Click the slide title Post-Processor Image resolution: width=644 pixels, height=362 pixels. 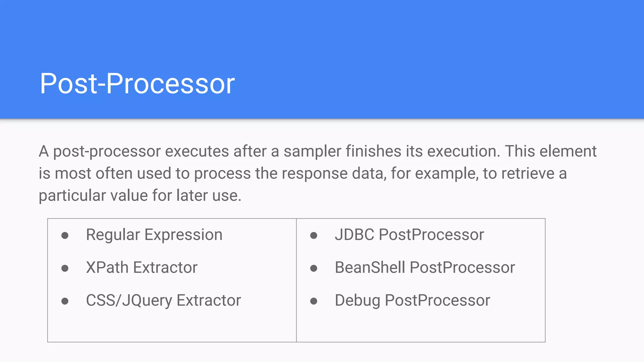(137, 84)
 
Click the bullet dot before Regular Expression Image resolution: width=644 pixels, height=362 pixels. (65, 235)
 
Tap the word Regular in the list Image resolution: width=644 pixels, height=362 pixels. (113, 235)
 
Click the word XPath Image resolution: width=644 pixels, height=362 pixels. (107, 267)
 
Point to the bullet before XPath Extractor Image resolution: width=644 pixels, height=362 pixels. (65, 268)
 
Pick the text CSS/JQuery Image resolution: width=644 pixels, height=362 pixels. (129, 300)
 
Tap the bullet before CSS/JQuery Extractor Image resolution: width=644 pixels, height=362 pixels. (65, 301)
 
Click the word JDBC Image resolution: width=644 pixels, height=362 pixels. (354, 235)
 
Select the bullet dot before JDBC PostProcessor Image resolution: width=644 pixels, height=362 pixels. (314, 235)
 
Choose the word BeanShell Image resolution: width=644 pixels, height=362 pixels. (370, 267)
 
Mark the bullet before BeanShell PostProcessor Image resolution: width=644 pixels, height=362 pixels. (314, 268)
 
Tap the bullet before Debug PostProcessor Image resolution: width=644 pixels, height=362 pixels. (314, 301)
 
